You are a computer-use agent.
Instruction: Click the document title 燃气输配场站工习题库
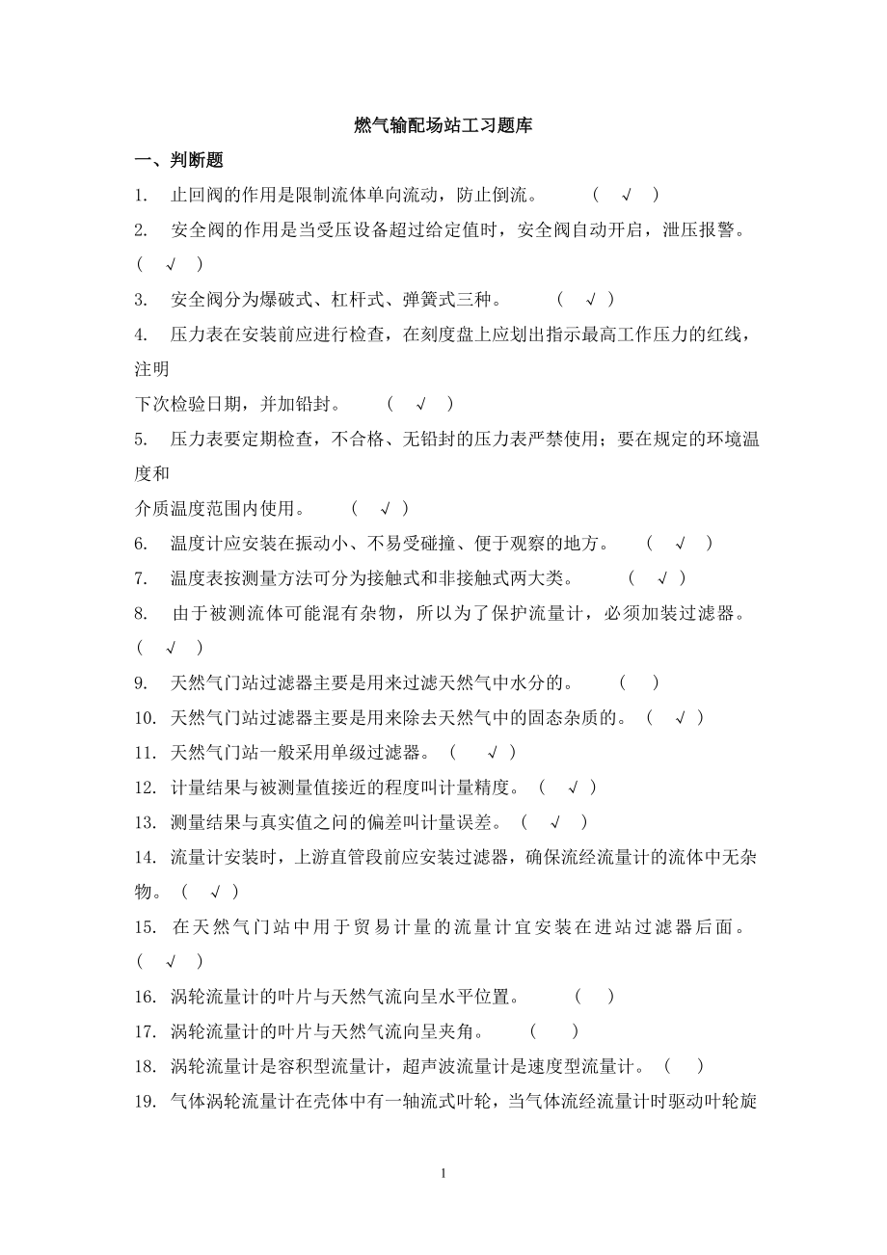coord(443,125)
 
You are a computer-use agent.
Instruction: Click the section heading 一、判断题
coord(179,160)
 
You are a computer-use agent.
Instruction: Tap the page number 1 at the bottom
coord(443,1173)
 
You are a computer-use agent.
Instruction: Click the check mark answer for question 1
coord(627,196)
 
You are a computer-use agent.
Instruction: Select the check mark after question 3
coord(591,300)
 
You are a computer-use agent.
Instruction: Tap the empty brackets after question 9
coord(639,683)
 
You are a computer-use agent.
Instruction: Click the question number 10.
coord(146,718)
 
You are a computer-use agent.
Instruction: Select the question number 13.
coord(146,822)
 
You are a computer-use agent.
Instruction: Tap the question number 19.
coord(146,1101)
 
